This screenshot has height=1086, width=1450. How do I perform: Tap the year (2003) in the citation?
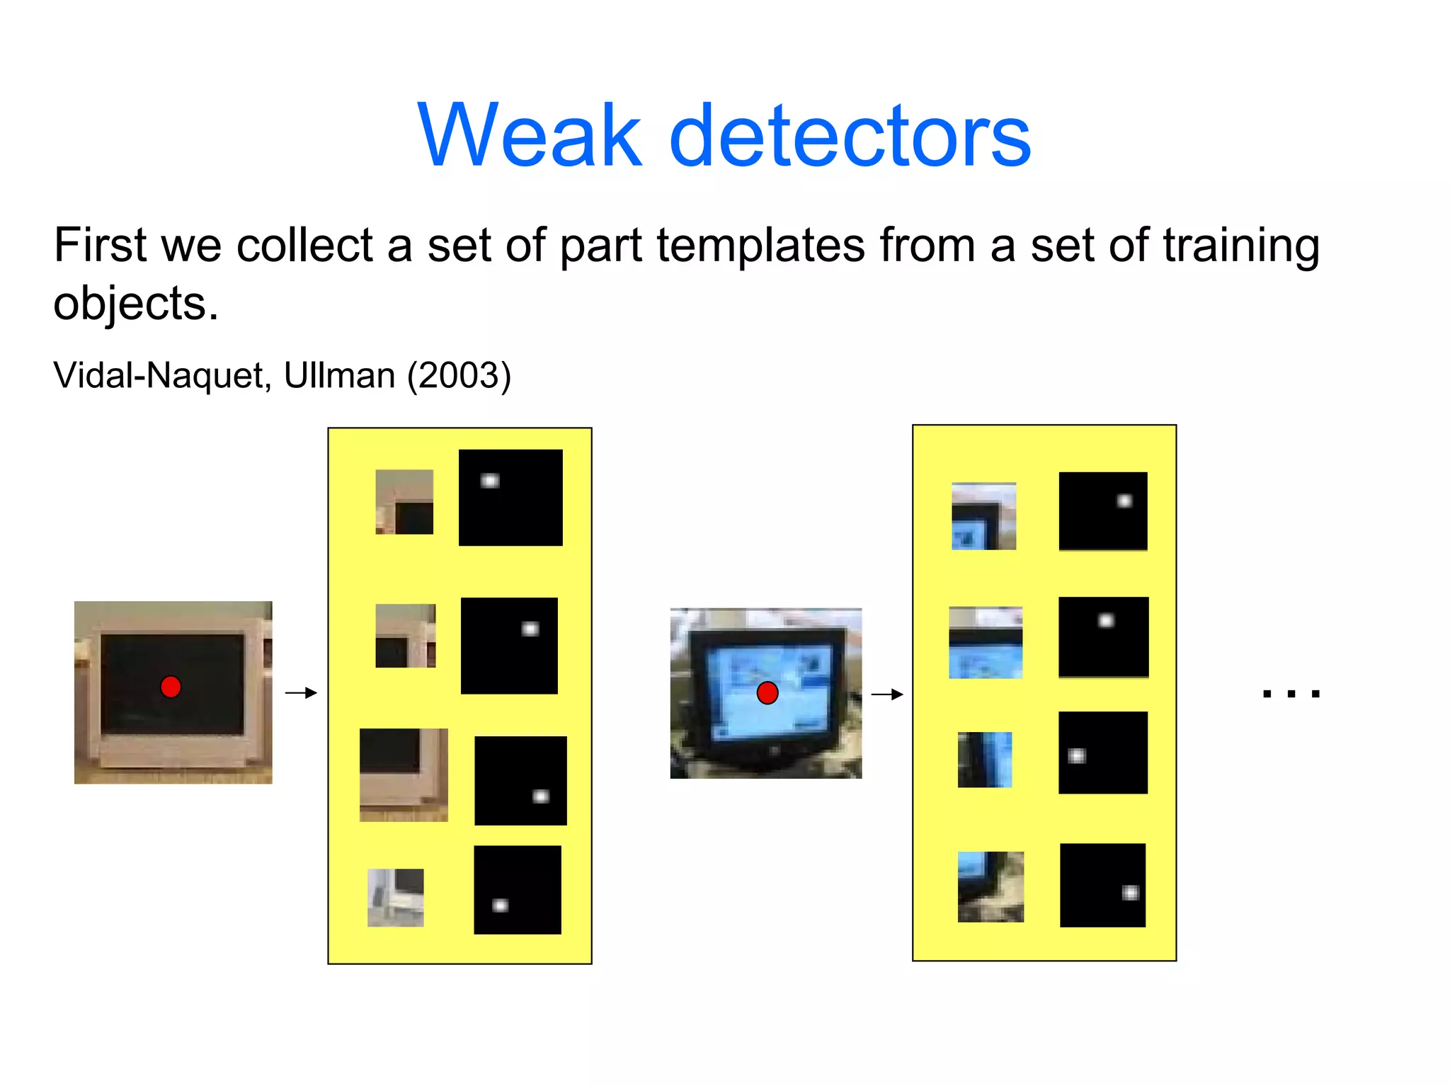point(459,375)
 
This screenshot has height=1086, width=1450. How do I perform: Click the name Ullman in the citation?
point(339,375)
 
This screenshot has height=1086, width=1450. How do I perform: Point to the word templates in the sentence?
point(761,246)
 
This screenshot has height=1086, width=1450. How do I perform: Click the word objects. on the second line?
point(136,304)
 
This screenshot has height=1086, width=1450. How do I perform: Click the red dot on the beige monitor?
point(171,687)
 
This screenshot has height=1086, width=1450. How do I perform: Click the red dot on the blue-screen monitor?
point(767,692)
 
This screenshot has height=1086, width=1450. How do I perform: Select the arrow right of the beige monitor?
point(301,692)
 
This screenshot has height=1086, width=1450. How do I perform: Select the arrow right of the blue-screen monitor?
point(887,695)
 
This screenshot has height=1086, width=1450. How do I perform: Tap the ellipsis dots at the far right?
point(1291,694)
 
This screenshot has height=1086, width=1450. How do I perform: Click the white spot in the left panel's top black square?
point(490,481)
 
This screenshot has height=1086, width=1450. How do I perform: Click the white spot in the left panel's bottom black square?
point(500,905)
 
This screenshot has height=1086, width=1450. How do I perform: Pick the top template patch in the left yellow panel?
point(404,501)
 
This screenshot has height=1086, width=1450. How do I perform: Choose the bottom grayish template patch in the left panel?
point(396,897)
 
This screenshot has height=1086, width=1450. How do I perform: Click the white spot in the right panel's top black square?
point(1124,501)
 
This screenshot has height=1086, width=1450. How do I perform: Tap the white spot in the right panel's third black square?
point(1076,755)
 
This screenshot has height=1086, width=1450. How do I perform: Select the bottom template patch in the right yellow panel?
point(991,886)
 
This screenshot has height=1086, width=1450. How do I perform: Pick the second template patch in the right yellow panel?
point(986,642)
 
